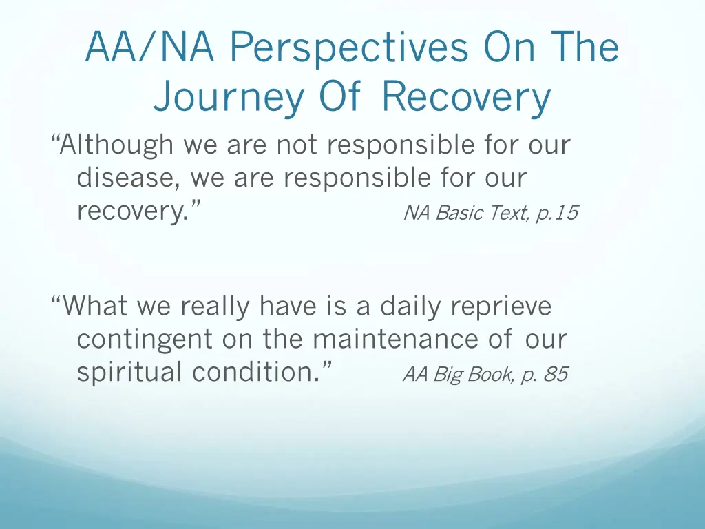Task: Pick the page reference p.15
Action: click(x=556, y=214)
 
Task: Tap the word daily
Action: click(x=411, y=306)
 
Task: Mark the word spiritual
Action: click(x=130, y=373)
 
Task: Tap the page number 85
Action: click(x=555, y=375)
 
